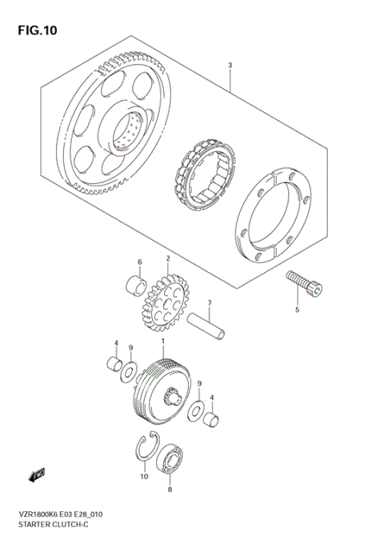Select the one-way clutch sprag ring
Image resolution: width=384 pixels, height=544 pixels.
201,170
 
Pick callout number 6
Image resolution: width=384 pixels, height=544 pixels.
139,262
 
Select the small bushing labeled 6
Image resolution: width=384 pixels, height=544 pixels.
137,286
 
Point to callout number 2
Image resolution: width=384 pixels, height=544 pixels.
168,258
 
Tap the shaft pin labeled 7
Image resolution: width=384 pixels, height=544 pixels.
207,327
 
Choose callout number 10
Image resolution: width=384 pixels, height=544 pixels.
145,478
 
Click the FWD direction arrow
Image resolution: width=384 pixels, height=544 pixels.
37,477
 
